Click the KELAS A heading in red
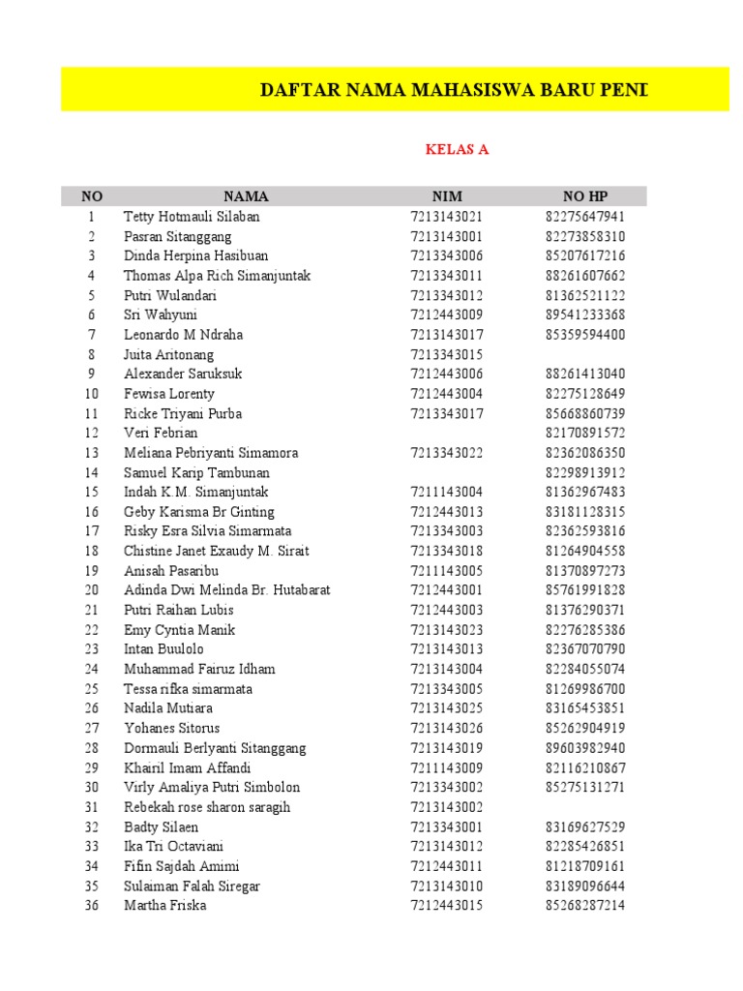pos(458,149)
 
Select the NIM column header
pos(447,196)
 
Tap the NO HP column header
pos(585,196)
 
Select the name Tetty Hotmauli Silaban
pos(192,217)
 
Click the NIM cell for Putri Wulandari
pos(446,295)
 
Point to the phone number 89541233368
pos(585,315)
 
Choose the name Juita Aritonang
pos(169,355)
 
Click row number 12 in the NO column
pos(92,434)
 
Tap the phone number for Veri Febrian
pos(585,434)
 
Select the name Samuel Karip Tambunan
pos(196,473)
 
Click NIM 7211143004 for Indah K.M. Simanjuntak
pos(446,493)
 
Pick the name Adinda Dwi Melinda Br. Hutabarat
pos(227,590)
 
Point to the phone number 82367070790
pos(585,649)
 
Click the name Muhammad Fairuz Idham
pos(199,670)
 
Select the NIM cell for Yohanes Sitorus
pos(446,729)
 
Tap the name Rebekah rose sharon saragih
pos(207,807)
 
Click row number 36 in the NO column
pos(92,906)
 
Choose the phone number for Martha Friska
pos(585,906)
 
